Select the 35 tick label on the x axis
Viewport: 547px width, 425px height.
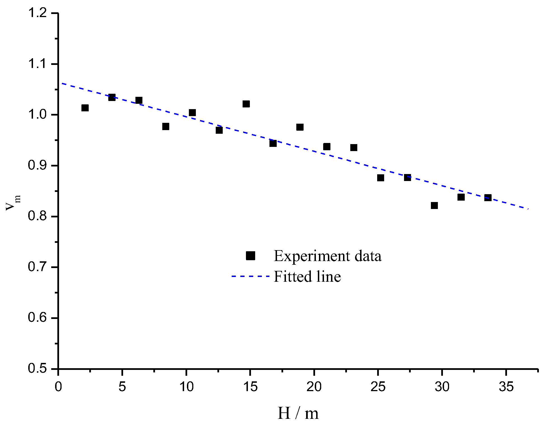pos(506,387)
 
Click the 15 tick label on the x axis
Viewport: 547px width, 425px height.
pos(250,387)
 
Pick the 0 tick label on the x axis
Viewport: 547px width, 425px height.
pos(58,387)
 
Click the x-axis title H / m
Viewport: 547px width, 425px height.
pos(298,413)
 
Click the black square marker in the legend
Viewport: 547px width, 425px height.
pos(250,256)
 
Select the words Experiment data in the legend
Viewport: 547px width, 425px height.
pos(327,256)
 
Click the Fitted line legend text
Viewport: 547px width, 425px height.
pos(307,276)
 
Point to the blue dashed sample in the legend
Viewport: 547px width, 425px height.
pos(250,276)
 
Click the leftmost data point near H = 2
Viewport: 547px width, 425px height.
pos(85,108)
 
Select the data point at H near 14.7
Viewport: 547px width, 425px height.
pos(246,104)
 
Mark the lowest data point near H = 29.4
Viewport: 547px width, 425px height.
pos(434,205)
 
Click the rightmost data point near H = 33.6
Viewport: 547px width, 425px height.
pos(488,198)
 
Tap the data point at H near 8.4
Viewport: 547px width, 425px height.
pos(166,126)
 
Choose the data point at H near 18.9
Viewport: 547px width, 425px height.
pos(300,127)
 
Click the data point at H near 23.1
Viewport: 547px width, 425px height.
pos(354,147)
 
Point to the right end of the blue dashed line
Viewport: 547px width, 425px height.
pos(528,209)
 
